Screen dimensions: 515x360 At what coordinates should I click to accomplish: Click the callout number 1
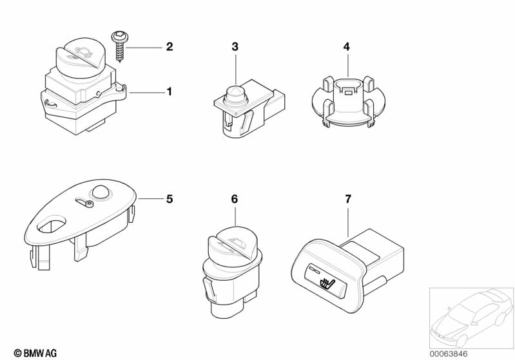pyautogui.click(x=169, y=91)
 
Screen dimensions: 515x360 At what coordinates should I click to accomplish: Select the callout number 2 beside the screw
pyautogui.click(x=169, y=46)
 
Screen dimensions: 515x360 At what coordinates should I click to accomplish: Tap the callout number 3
pyautogui.click(x=235, y=46)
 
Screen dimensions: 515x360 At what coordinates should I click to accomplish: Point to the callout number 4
pyautogui.click(x=347, y=46)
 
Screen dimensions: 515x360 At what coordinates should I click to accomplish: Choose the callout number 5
pyautogui.click(x=169, y=199)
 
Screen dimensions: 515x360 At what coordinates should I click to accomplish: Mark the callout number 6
pyautogui.click(x=235, y=199)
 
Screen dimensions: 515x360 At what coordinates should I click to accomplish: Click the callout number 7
pyautogui.click(x=348, y=199)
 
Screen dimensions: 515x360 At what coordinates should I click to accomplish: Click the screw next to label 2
pyautogui.click(x=121, y=46)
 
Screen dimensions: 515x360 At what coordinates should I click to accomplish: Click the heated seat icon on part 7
pyautogui.click(x=326, y=283)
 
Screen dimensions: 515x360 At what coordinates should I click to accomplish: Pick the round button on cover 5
pyautogui.click(x=101, y=192)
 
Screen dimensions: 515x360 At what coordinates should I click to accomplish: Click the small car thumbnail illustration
pyautogui.click(x=472, y=318)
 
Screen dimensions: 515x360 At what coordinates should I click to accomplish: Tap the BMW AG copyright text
pyautogui.click(x=35, y=353)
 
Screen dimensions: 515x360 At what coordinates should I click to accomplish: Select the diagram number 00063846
pyautogui.click(x=449, y=354)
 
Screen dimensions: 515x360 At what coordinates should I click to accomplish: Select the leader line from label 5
pyautogui.click(x=151, y=198)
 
